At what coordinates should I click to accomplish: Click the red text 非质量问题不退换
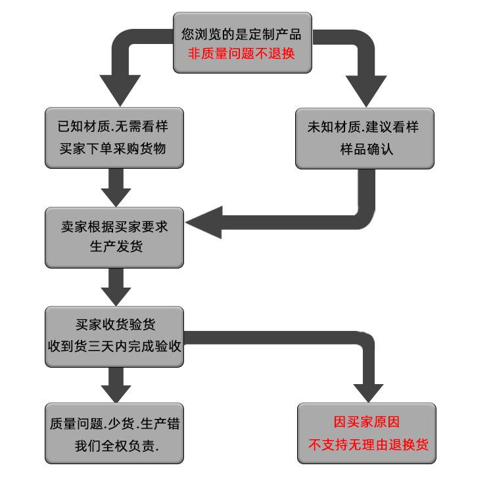242,54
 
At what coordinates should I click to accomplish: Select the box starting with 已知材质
114,138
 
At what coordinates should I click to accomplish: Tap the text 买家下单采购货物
113,148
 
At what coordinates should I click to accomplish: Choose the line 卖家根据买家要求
114,227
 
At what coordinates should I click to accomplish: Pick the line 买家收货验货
115,324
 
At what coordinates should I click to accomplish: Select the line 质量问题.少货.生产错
114,423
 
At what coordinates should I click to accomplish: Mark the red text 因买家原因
366,422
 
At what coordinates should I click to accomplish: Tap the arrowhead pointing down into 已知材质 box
120,89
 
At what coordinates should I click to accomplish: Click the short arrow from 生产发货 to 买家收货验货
116,286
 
